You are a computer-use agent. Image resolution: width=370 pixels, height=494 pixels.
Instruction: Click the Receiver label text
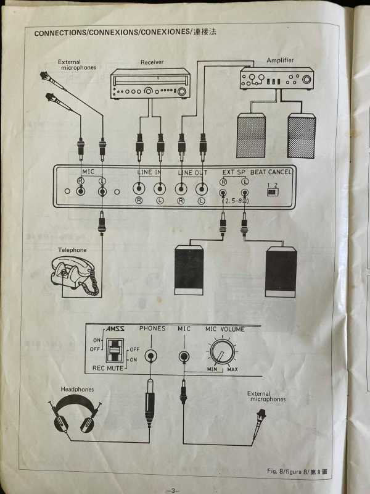(x=152, y=62)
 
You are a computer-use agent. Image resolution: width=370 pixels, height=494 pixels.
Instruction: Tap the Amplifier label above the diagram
(x=280, y=61)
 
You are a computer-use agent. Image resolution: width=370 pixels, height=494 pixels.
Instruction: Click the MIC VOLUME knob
(x=223, y=354)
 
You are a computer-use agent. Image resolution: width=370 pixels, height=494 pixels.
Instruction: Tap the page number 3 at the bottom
(x=173, y=490)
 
